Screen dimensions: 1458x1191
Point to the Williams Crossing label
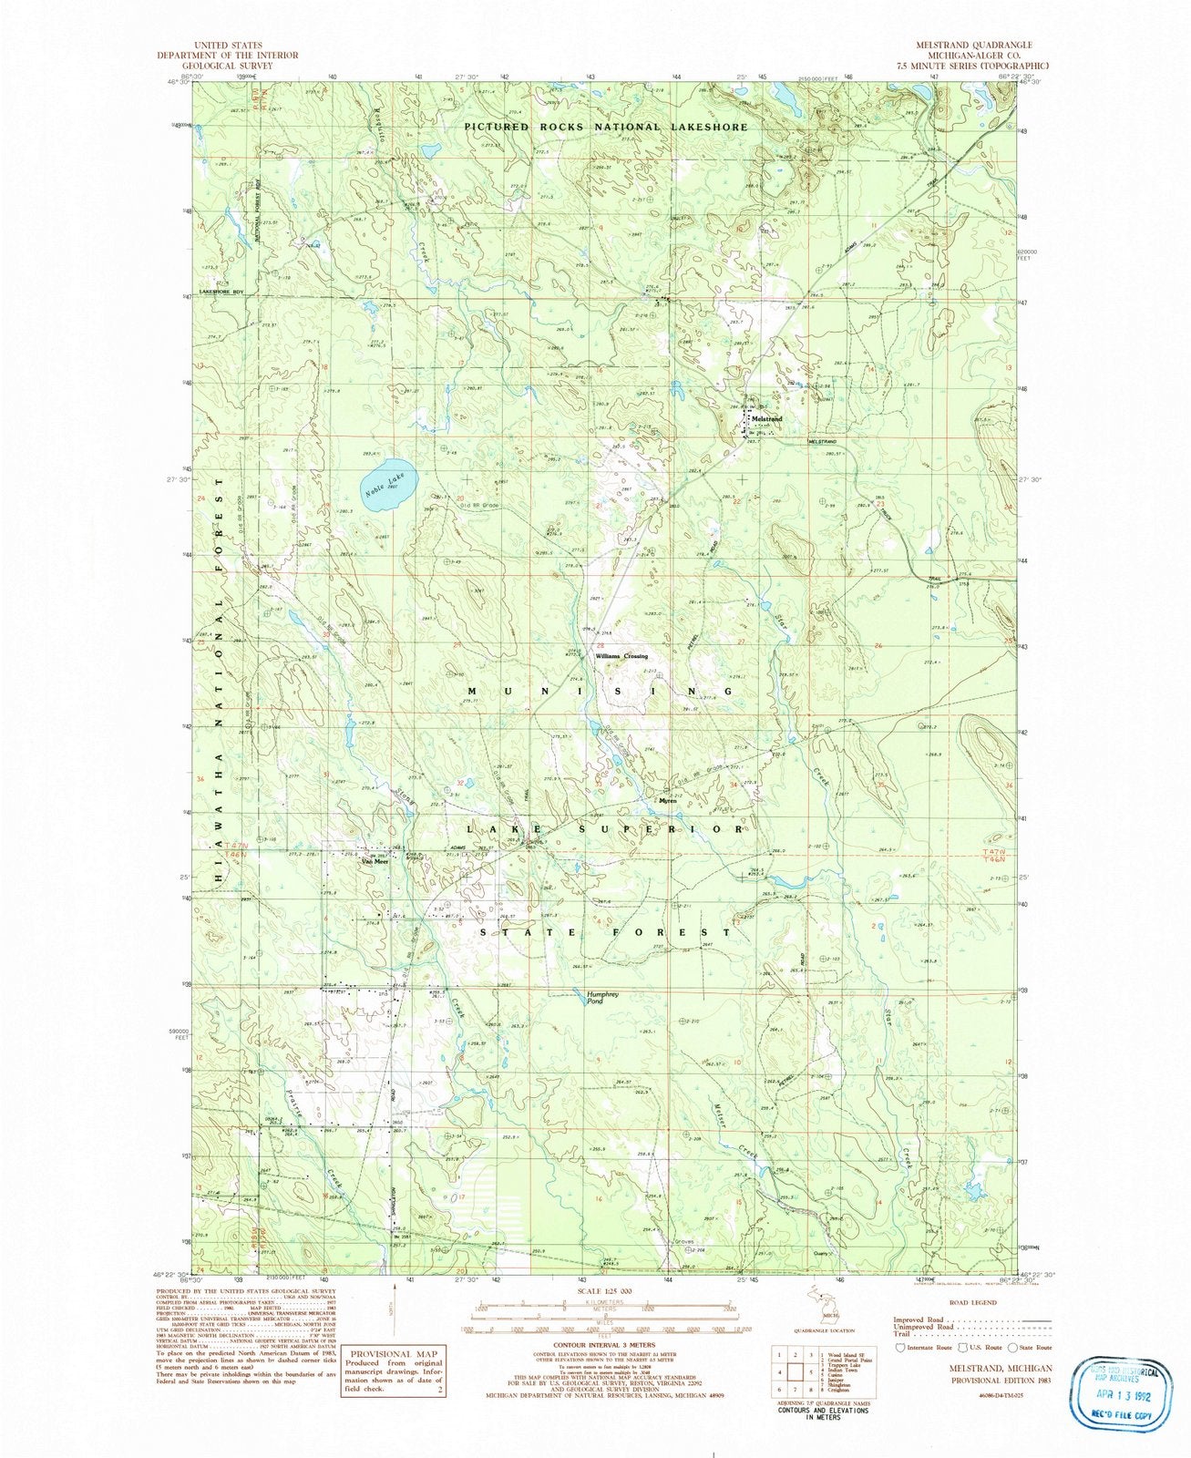click(x=621, y=656)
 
